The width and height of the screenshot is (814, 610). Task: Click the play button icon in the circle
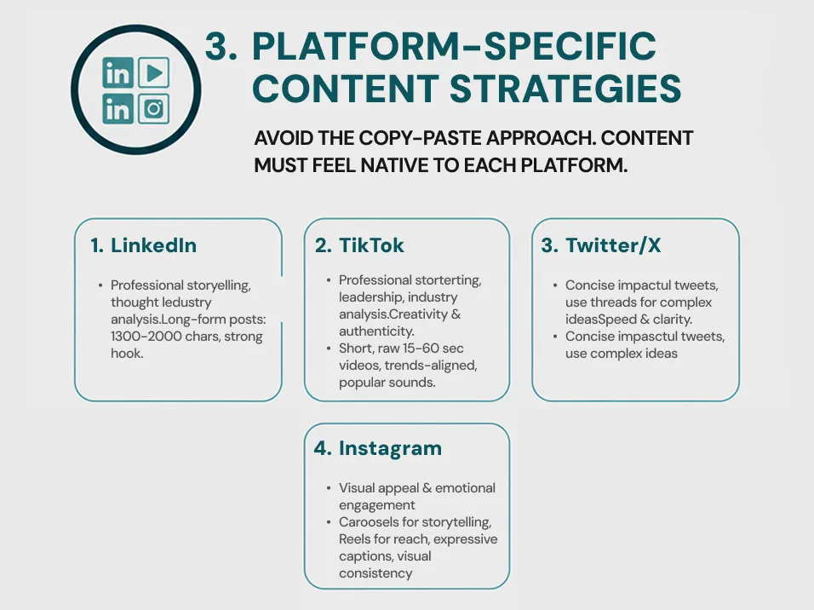pyautogui.click(x=153, y=72)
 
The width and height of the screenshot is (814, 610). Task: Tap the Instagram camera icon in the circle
pyautogui.click(x=153, y=109)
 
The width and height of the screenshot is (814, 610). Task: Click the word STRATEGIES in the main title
pyautogui.click(x=565, y=89)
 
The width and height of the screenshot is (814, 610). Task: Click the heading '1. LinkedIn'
pyautogui.click(x=143, y=245)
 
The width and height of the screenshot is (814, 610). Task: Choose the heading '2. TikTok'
pyautogui.click(x=359, y=245)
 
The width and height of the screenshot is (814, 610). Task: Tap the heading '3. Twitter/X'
pyautogui.click(x=601, y=245)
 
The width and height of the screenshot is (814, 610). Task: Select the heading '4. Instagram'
pyautogui.click(x=378, y=448)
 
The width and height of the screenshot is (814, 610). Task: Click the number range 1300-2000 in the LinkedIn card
pyautogui.click(x=146, y=337)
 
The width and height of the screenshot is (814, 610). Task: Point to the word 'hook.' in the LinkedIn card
pyautogui.click(x=127, y=354)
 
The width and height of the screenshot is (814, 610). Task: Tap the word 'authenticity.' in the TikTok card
pyautogui.click(x=376, y=331)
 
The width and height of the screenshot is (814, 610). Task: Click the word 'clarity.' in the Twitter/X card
pyautogui.click(x=674, y=319)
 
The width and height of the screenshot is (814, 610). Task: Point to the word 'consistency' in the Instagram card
pyautogui.click(x=375, y=573)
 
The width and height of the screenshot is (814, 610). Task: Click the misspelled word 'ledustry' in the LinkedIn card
pyautogui.click(x=187, y=302)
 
